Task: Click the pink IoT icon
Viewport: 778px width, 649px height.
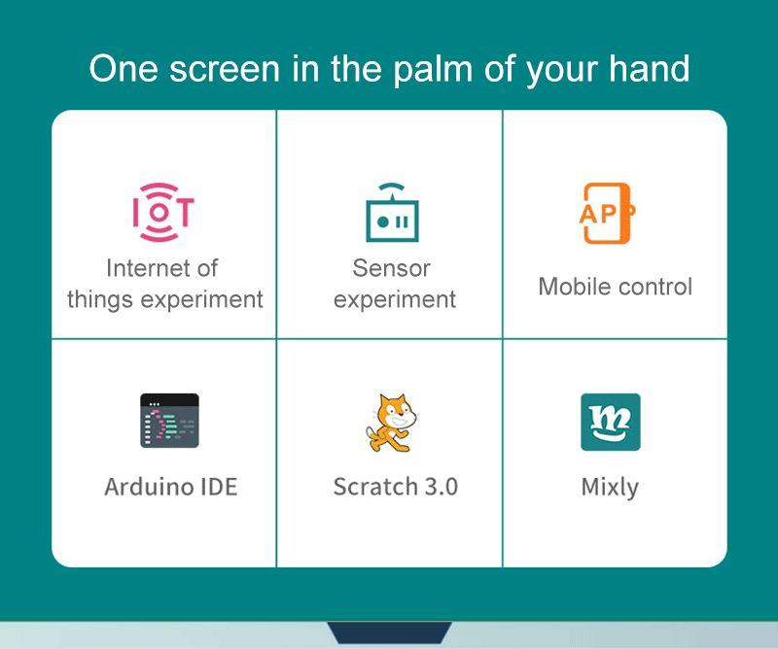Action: pos(163,212)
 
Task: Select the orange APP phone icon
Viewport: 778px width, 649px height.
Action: pos(607,213)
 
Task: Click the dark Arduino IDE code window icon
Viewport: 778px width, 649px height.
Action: pos(169,421)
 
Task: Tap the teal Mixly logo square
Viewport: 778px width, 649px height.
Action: pos(610,422)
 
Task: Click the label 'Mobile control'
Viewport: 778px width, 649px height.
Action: pos(615,287)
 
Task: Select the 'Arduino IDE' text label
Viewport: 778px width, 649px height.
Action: pos(170,486)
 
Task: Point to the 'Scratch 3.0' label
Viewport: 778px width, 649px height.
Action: pos(395,486)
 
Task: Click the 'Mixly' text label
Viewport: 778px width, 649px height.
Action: pos(610,487)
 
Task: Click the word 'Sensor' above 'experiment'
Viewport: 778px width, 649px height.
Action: pos(391,267)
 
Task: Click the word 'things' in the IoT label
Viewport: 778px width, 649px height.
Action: pos(100,299)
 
